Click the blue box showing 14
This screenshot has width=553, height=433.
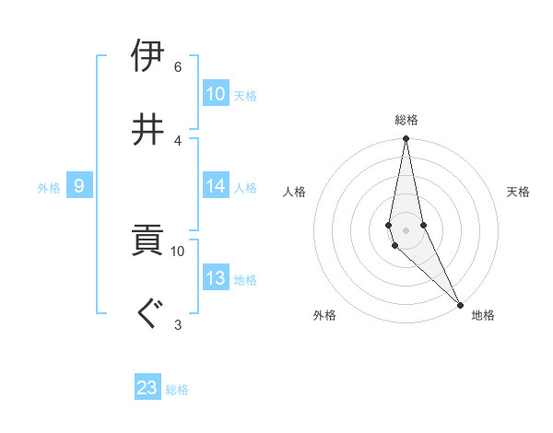[x=216, y=185]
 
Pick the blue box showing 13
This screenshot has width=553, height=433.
[x=216, y=278]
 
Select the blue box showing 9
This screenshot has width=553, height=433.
[x=79, y=186]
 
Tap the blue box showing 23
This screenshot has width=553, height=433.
[x=147, y=388]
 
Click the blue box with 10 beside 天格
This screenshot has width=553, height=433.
[x=216, y=93]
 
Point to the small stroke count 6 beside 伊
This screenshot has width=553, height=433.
[x=178, y=66]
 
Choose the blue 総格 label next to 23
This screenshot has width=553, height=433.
[x=177, y=390]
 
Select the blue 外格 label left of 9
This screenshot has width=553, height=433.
[x=49, y=187]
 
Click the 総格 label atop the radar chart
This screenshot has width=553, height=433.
[x=406, y=120]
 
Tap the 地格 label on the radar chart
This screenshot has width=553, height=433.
[x=483, y=315]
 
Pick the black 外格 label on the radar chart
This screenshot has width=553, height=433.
[x=324, y=315]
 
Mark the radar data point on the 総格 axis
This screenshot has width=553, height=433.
[x=406, y=139]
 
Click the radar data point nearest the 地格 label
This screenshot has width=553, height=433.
[x=460, y=304]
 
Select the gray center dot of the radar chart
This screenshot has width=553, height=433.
[x=406, y=229]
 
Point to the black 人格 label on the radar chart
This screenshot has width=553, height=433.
[x=295, y=192]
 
